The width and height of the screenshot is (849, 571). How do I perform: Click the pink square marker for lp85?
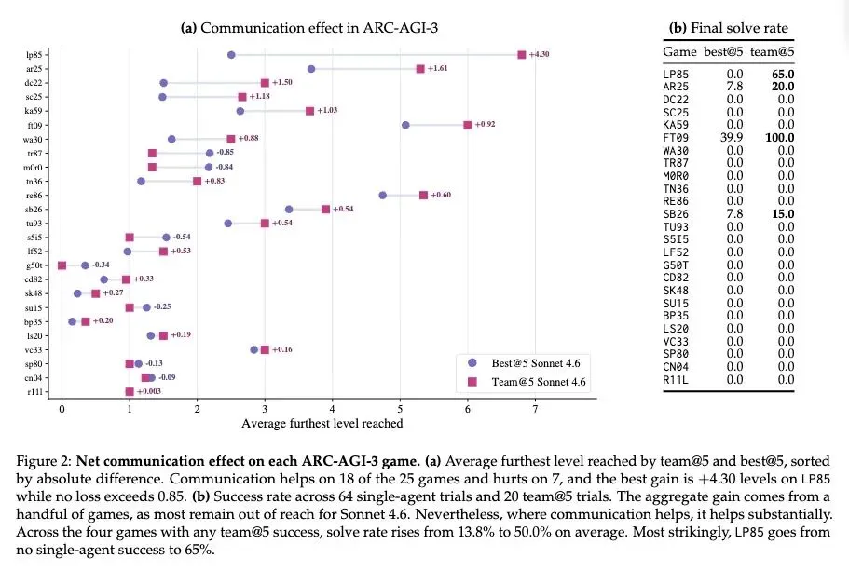[x=521, y=55]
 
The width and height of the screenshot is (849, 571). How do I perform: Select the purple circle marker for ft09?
[x=405, y=125]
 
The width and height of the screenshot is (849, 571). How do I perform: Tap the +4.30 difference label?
[x=539, y=54]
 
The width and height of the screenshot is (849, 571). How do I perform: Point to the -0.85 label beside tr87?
[x=226, y=152]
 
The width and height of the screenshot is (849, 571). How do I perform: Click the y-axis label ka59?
[x=34, y=111]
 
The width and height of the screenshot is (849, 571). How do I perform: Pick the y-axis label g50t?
[x=34, y=265]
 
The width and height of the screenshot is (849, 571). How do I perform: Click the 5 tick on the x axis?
[x=400, y=409]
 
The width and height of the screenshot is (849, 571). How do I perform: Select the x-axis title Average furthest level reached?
[x=322, y=423]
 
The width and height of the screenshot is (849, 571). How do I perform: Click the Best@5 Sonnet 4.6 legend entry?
[x=524, y=363]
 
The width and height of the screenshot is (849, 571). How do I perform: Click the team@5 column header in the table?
[x=772, y=51]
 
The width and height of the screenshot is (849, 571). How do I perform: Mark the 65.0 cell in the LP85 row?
[x=783, y=75]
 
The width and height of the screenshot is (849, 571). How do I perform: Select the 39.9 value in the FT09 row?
[x=732, y=138]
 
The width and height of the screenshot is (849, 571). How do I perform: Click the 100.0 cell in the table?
[x=780, y=138]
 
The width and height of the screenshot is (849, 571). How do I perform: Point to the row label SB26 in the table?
[x=676, y=214]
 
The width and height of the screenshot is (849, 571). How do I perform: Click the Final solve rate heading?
[x=739, y=28]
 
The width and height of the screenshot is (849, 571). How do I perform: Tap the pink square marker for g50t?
[x=62, y=265]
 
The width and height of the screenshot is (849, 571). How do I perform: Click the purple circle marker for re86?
[x=383, y=196]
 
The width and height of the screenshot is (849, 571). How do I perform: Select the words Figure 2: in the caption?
[x=44, y=462]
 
